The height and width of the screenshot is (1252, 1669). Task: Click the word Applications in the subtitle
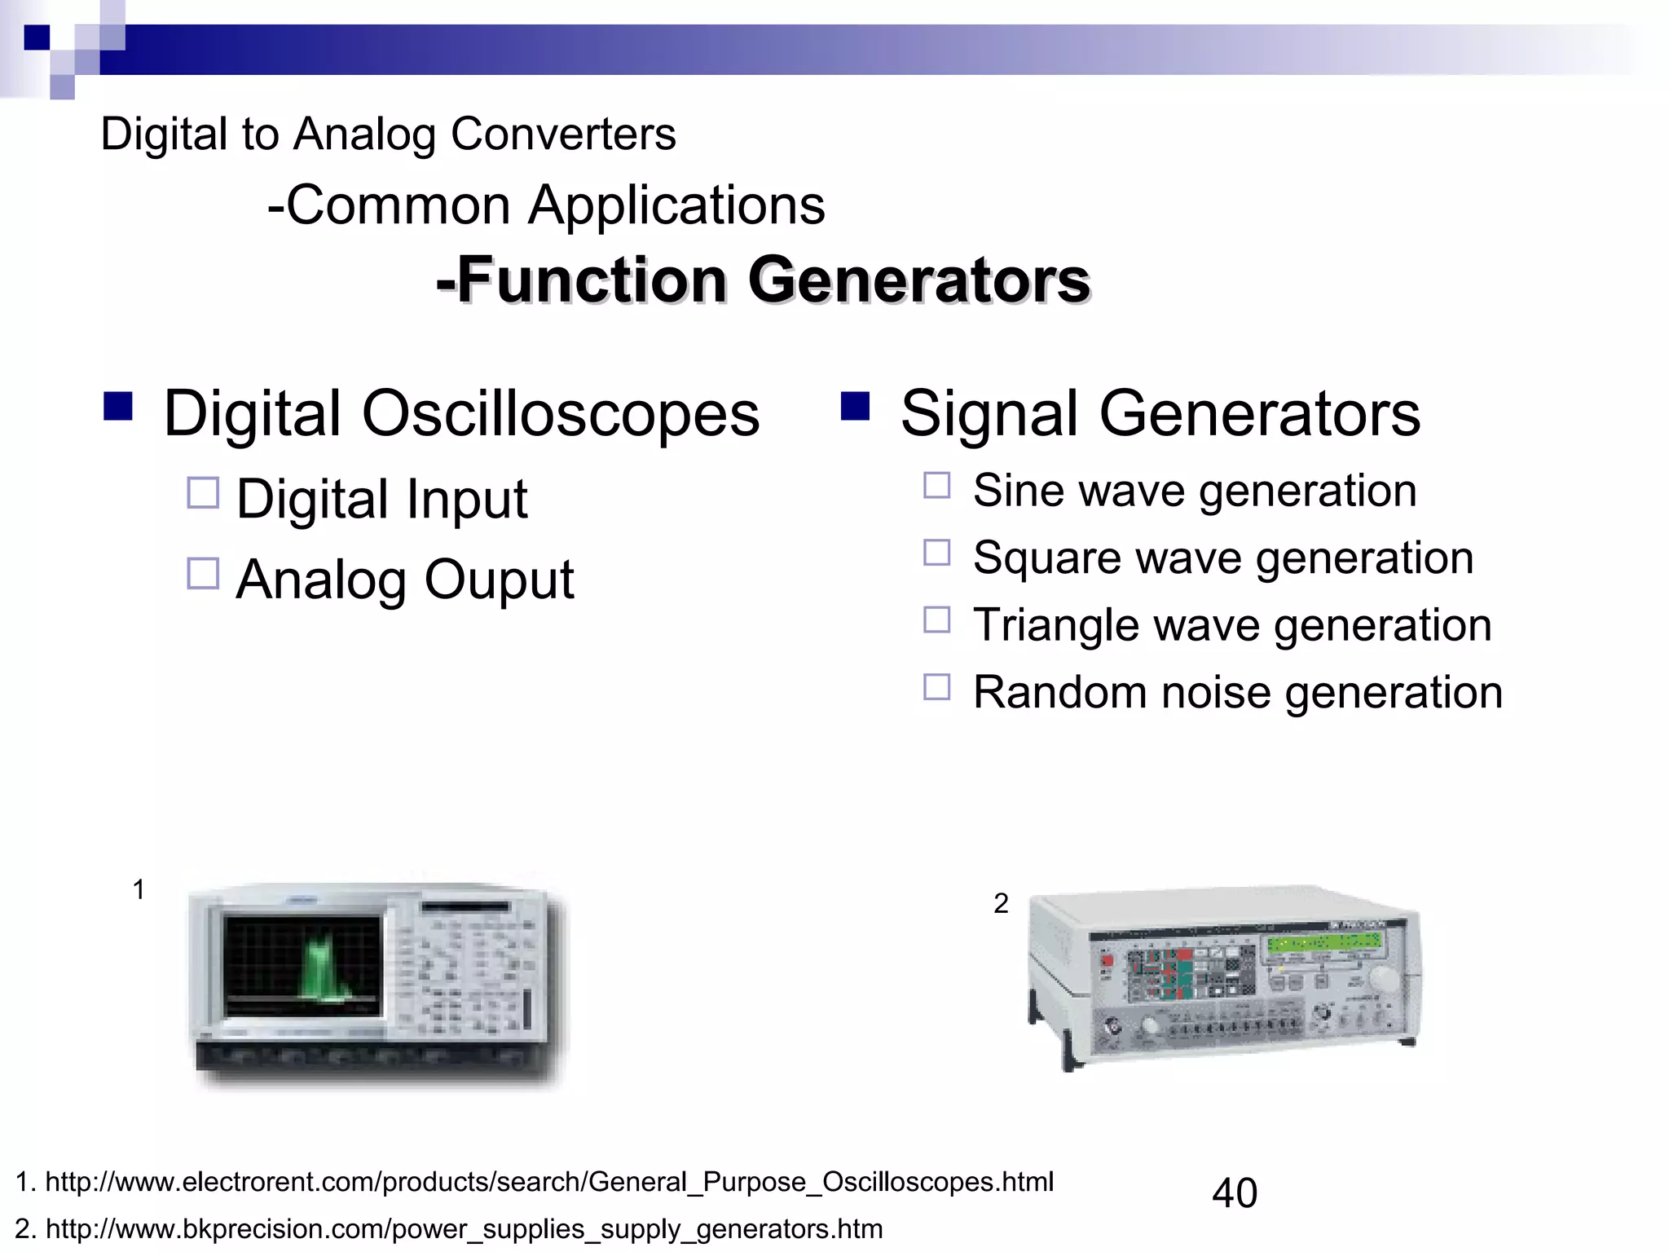coord(676,205)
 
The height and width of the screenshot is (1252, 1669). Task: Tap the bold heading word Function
coord(592,280)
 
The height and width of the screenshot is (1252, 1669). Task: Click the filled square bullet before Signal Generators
coord(855,405)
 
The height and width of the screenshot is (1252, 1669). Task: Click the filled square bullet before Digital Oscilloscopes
coord(118,405)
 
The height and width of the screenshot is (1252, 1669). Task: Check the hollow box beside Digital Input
coord(203,493)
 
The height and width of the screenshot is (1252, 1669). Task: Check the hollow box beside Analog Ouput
coord(203,573)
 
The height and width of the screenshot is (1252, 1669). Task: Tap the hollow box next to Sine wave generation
coord(936,486)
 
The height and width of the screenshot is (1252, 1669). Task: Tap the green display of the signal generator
coord(1323,943)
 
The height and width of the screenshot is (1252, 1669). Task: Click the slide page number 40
coord(1235,1193)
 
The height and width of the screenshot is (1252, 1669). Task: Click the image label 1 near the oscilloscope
coord(139,889)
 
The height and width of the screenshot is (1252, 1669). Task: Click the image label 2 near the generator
coord(1001,903)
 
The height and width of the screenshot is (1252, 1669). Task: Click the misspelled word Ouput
coord(499,580)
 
